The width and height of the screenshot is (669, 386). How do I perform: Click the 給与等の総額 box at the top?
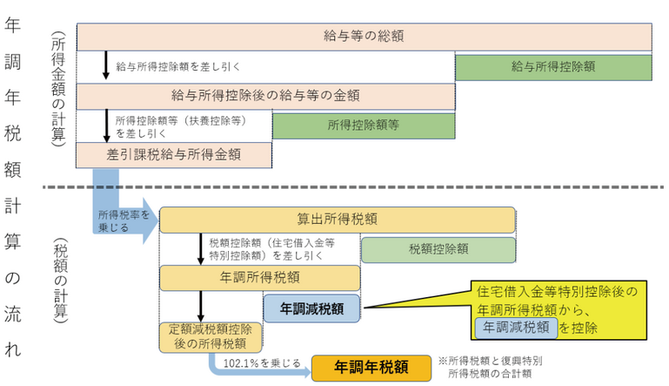coord(364,37)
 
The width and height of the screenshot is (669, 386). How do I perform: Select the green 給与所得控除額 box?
coord(553,65)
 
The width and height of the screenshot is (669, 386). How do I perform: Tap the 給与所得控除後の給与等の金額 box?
coord(265,95)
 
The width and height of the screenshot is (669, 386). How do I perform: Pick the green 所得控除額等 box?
coord(363,125)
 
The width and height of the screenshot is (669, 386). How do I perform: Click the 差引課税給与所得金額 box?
coord(174,154)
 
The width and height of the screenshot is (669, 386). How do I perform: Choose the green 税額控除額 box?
coord(438,249)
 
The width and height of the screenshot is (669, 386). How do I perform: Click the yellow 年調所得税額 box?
coord(259,278)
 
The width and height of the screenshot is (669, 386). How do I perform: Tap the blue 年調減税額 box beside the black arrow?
coord(311,308)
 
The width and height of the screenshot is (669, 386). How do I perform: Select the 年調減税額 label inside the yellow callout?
coord(516,327)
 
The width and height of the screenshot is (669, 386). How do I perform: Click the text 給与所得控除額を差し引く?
coord(177,66)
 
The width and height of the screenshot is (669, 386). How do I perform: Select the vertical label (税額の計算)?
coord(57,279)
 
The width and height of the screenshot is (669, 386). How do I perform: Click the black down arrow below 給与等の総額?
coord(105,66)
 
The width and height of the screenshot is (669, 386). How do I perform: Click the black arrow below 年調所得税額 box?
coord(201,306)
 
